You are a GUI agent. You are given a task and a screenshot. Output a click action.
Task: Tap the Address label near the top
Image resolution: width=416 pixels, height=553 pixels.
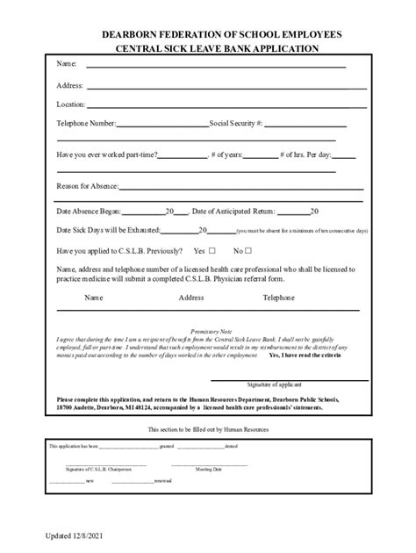[70, 85]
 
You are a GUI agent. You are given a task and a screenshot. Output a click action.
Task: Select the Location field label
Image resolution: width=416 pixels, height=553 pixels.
[71, 104]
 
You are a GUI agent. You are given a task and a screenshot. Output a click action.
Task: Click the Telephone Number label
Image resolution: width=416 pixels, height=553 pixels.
[87, 124]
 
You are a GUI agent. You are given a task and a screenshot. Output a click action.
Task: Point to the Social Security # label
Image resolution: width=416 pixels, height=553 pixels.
[236, 124]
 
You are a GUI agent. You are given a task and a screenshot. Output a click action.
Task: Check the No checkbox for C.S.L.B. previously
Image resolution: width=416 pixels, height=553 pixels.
[249, 250]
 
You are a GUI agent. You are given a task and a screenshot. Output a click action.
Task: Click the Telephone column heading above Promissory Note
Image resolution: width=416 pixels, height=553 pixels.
[279, 298]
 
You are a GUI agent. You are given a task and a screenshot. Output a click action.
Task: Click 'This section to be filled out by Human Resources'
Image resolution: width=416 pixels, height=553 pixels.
[208, 429]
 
